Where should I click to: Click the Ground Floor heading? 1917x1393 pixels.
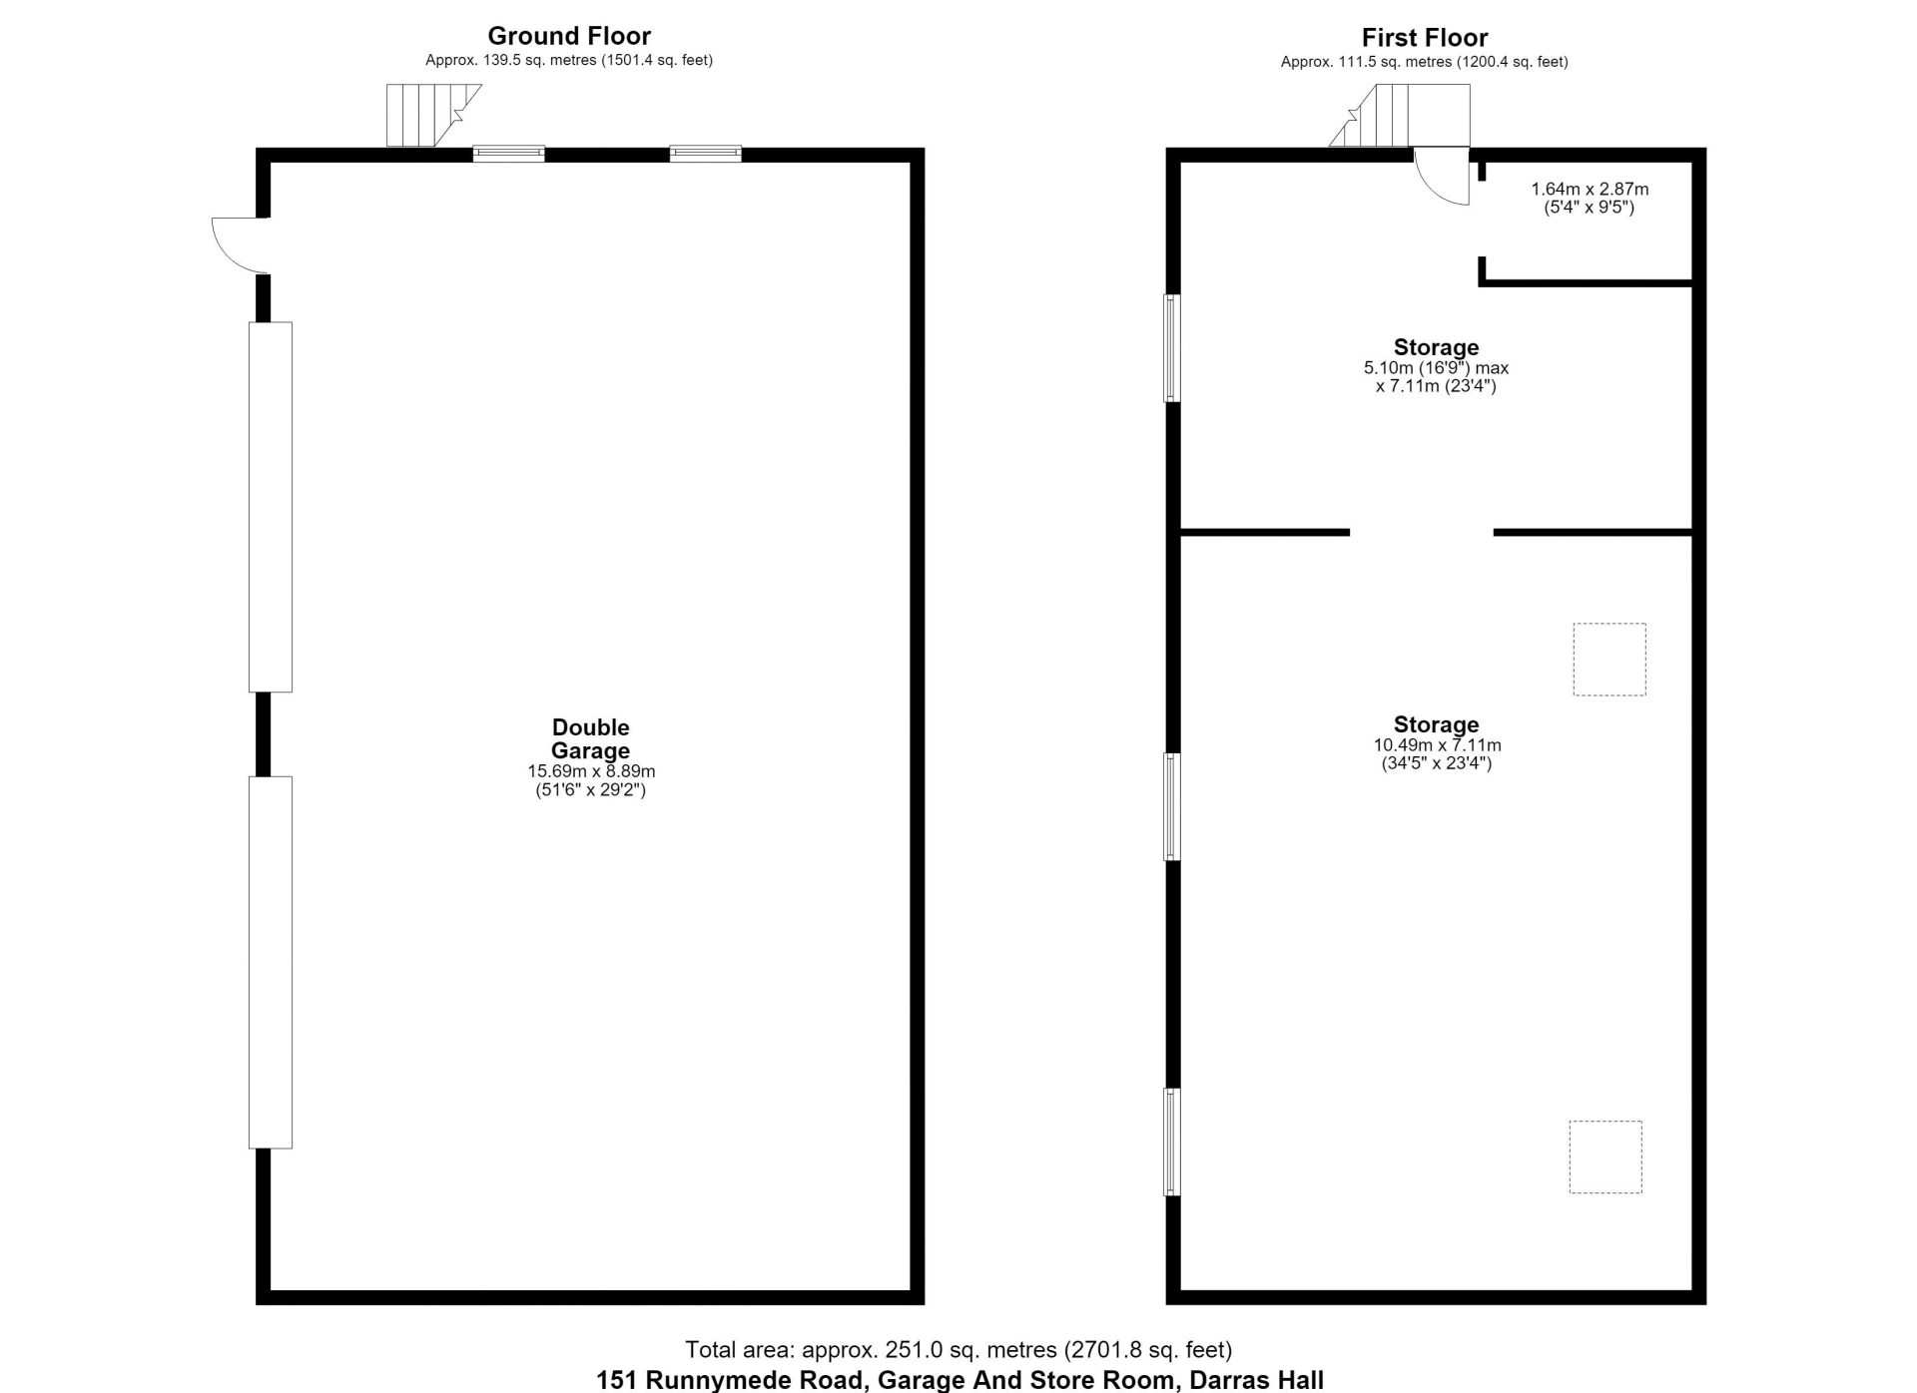[x=569, y=36]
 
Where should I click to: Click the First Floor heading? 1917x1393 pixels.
[x=1425, y=38]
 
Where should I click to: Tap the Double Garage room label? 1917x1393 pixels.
[x=591, y=738]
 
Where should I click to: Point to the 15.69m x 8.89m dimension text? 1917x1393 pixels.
[x=591, y=771]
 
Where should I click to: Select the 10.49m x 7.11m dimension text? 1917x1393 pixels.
[x=1437, y=745]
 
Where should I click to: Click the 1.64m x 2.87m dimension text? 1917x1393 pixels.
[x=1590, y=189]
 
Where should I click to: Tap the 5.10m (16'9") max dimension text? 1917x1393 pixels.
[x=1436, y=368]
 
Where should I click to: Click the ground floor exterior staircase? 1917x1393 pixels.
[x=433, y=116]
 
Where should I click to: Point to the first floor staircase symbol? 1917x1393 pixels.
[x=1400, y=116]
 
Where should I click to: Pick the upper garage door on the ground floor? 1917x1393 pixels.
[x=271, y=507]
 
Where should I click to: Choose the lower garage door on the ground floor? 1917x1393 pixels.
[x=271, y=962]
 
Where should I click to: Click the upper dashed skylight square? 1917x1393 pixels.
[x=1609, y=660]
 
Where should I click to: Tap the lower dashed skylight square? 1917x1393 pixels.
[x=1605, y=1157]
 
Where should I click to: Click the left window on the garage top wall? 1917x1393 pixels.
[x=509, y=154]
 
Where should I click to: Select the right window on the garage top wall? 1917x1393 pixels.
[x=706, y=154]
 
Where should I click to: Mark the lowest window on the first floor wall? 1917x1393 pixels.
[x=1173, y=1142]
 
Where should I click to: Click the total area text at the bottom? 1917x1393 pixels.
[x=958, y=1350]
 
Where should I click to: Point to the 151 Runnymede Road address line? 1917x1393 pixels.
[x=960, y=1380]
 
